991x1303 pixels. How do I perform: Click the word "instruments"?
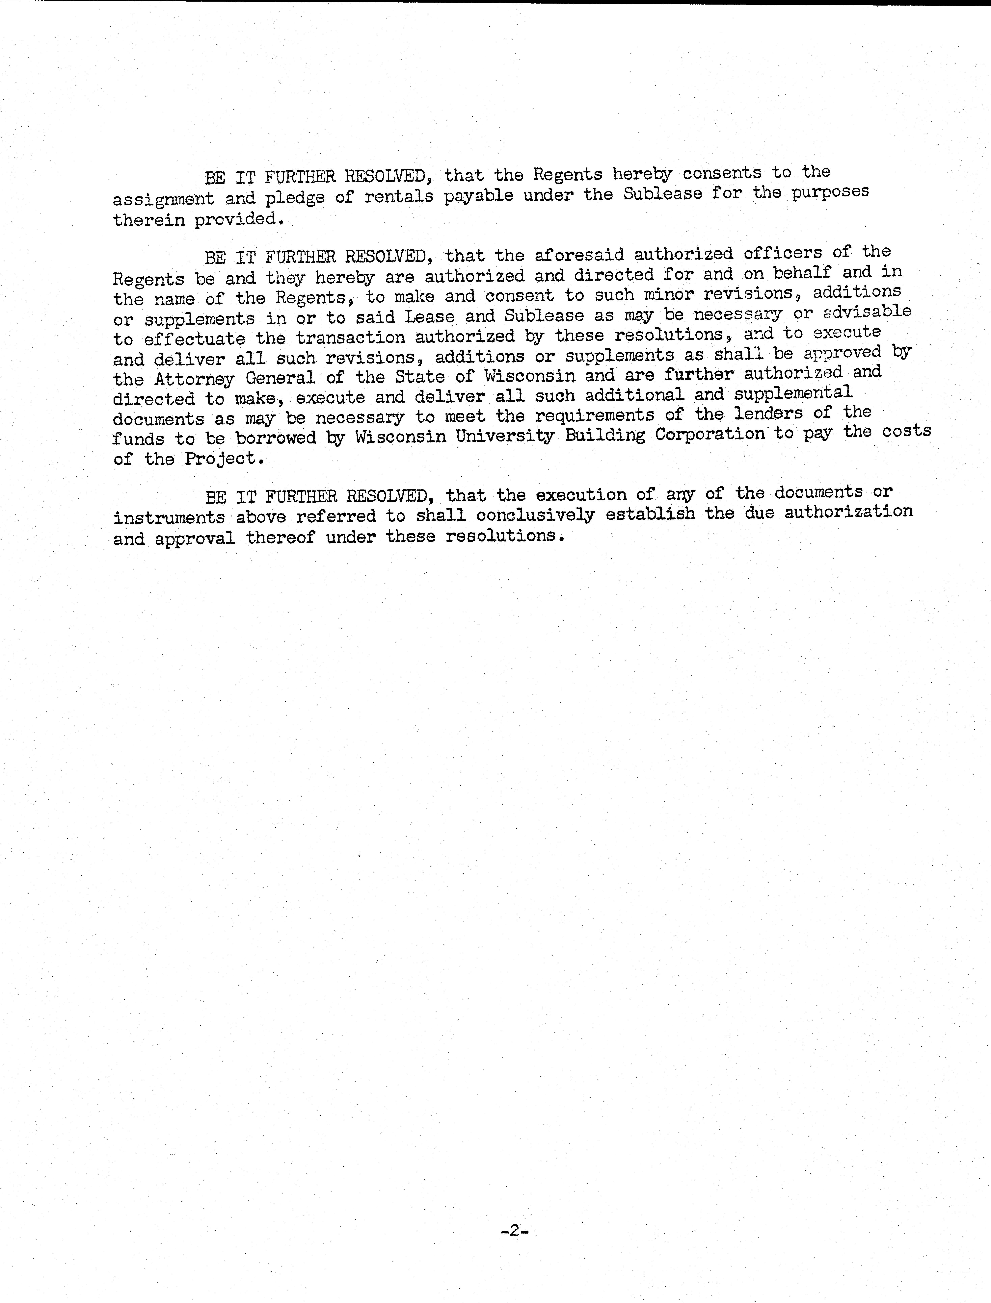click(169, 518)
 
